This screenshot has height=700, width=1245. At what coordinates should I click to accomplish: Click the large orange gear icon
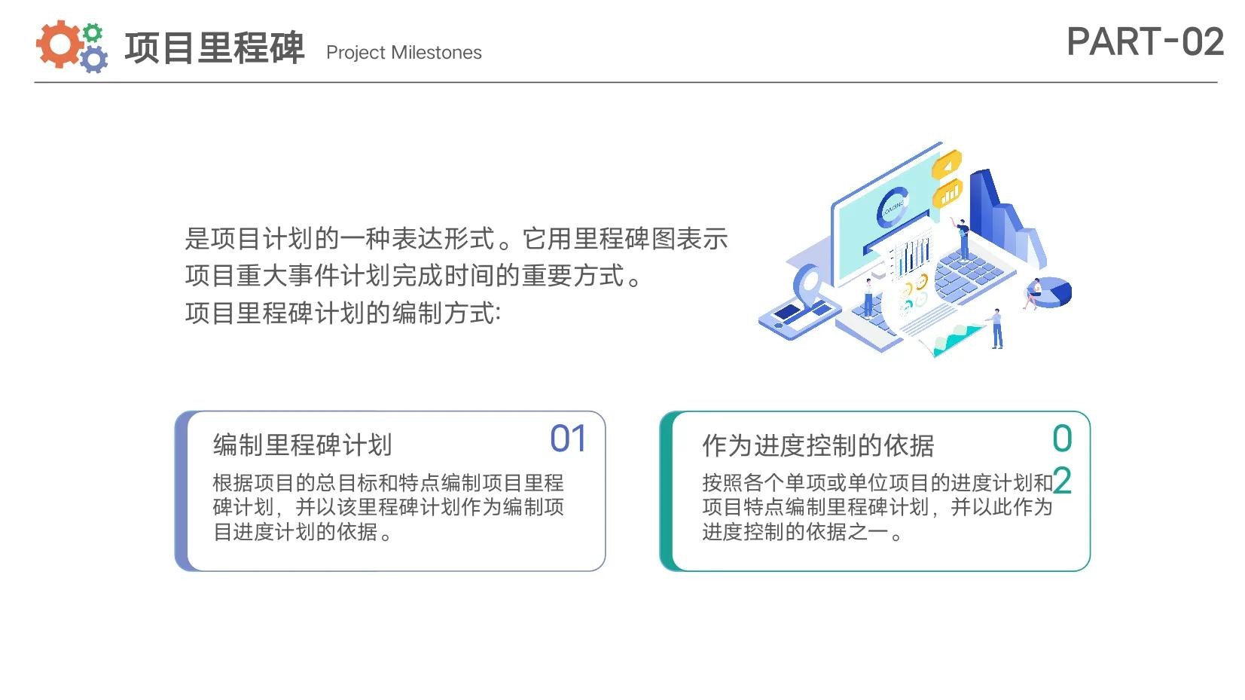coord(58,44)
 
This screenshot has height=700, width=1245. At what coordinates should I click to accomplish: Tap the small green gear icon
coord(93,33)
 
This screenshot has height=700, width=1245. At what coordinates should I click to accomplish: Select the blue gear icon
coord(94,60)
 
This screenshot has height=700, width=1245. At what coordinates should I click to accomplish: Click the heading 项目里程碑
coord(215,47)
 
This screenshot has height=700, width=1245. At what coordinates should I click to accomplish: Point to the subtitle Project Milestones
coord(404,52)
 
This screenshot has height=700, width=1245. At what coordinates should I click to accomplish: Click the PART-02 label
coord(1145,41)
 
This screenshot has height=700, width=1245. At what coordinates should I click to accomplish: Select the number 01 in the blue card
coord(567,439)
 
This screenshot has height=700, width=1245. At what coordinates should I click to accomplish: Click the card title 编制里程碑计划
coord(302,445)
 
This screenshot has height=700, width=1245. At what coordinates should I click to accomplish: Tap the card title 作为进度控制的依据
coord(818,445)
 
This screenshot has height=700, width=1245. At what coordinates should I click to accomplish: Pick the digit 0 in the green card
coord(1062,439)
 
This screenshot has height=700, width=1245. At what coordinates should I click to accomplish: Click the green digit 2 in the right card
coord(1062,480)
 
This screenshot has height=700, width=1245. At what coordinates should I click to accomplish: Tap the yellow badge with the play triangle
coord(947,164)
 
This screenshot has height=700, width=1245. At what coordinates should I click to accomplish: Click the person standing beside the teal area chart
coord(997,329)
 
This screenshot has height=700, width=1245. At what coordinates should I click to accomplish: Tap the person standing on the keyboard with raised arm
coord(962,239)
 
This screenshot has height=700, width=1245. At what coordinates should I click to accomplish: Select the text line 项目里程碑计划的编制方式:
coord(343,313)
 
